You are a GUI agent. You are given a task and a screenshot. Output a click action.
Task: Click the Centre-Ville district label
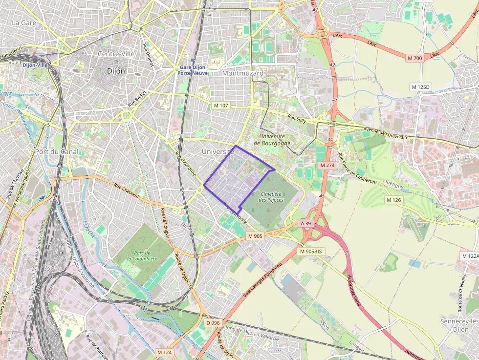click(x=116, y=54)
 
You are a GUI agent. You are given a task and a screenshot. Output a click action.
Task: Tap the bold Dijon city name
click(x=116, y=71)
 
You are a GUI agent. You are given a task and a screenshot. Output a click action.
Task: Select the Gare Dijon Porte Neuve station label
click(x=193, y=70)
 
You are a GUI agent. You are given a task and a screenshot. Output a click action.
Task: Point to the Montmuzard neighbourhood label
click(x=242, y=73)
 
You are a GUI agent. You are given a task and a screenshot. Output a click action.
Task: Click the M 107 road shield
click(x=221, y=106)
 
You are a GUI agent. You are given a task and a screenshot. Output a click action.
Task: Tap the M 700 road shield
click(x=414, y=58)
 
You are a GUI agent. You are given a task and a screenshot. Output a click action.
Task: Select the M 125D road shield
click(x=420, y=87)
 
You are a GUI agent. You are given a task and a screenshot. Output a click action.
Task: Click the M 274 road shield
click(x=327, y=166)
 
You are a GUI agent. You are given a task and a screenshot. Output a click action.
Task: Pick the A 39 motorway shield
click(x=305, y=223)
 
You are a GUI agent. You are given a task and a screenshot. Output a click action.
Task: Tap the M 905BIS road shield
click(x=311, y=251)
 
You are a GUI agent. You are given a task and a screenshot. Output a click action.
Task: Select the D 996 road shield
click(x=213, y=323)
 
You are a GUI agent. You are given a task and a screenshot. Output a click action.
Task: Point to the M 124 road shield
click(x=165, y=352)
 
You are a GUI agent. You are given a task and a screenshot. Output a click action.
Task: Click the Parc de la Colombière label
click(x=142, y=255)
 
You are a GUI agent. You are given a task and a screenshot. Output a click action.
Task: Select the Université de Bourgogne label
click(x=272, y=140)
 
